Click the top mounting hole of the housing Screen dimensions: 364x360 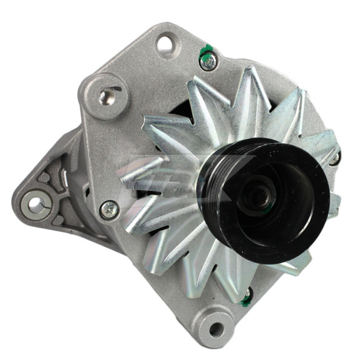pos(165,44)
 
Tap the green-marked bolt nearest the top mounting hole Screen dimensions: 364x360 pos(208,60)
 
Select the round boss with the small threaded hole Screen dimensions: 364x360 pos(107,95)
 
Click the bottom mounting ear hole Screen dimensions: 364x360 pos(215,329)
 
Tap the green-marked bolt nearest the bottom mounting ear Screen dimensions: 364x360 pos(245,297)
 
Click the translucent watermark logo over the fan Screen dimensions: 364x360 pos(182,179)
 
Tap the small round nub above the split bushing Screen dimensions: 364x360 pos(44,178)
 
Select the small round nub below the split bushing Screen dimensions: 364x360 pos(59,220)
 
